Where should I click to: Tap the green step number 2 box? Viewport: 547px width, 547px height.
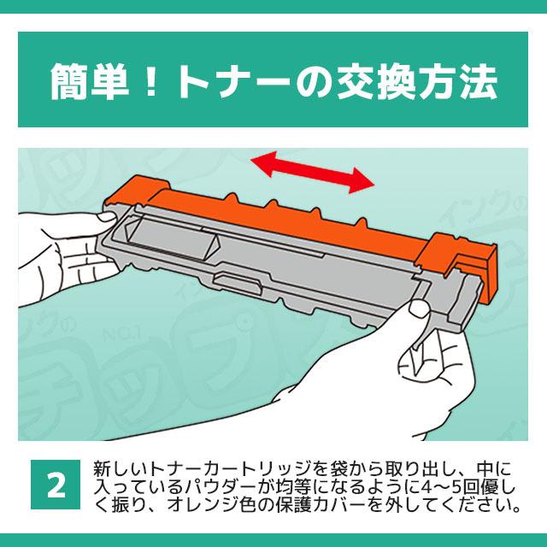(x=56, y=484)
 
